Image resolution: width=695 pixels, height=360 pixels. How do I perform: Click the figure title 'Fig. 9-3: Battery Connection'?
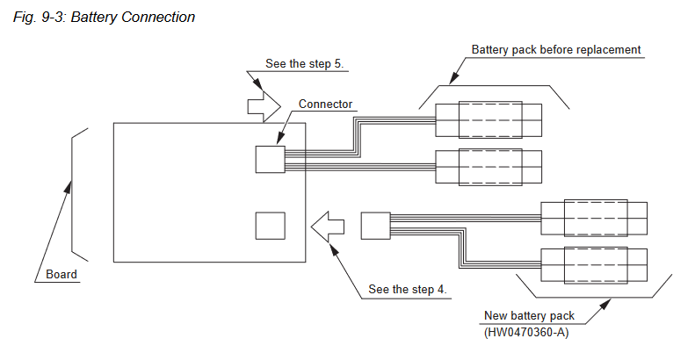[105, 18]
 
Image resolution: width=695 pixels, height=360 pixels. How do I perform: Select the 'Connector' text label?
[325, 104]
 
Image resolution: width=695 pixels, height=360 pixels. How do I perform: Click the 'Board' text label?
[62, 274]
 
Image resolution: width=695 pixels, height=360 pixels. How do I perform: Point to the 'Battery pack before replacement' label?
[556, 49]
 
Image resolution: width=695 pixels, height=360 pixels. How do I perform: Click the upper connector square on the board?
[270, 159]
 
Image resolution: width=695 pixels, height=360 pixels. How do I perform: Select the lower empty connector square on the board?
[270, 226]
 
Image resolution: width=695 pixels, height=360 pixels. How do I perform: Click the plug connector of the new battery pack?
[375, 226]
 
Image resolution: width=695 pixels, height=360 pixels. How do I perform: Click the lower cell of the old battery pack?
[489, 165]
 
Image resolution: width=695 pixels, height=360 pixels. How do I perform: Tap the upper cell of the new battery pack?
[594, 217]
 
